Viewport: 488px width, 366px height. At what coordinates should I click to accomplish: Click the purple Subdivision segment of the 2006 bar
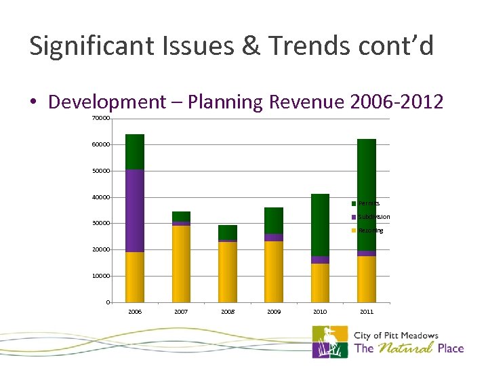[135, 210]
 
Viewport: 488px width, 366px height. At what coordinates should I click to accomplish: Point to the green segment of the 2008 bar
[228, 232]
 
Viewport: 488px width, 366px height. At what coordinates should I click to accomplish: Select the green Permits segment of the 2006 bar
[135, 152]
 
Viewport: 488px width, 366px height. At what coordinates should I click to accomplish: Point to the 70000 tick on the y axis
[100, 119]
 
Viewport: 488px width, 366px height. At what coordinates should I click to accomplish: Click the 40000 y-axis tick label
[100, 197]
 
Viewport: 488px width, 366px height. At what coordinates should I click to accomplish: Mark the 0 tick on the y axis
[108, 302]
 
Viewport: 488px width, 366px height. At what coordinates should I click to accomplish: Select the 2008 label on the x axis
[228, 312]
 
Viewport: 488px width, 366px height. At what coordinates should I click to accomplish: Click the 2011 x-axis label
[366, 312]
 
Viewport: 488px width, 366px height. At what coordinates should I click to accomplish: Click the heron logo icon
[329, 342]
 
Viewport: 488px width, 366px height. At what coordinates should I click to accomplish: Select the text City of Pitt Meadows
[396, 335]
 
